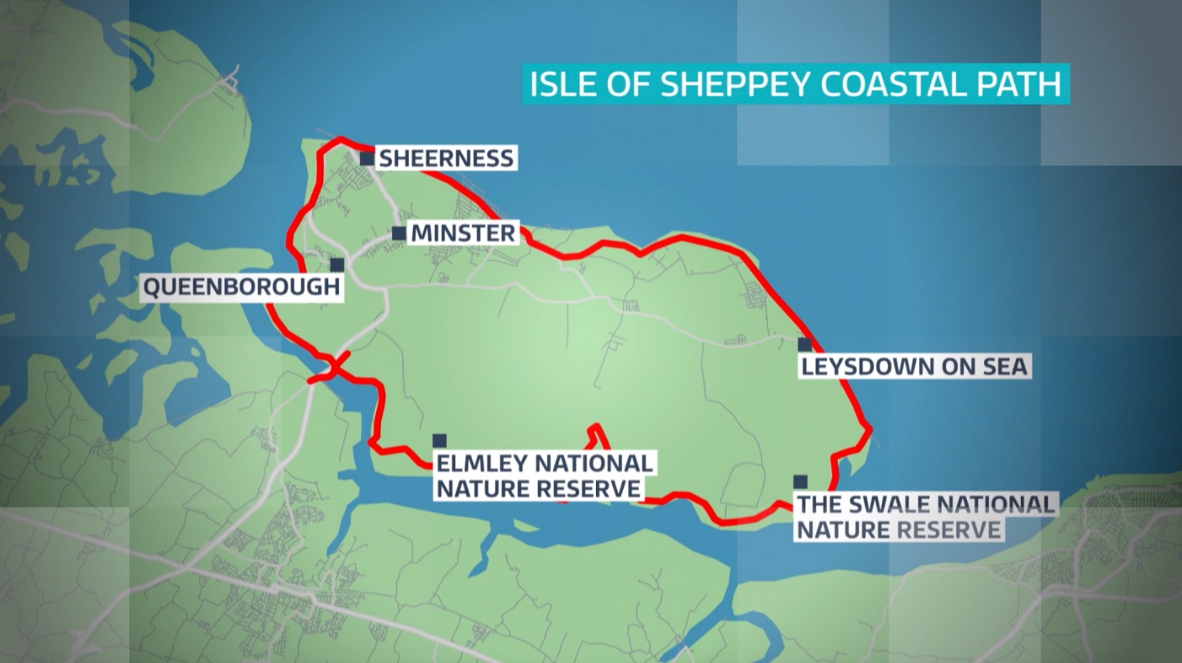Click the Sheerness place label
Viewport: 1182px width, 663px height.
click(x=446, y=158)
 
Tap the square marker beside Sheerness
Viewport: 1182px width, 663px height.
click(x=367, y=158)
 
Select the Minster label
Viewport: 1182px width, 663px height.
click(x=463, y=233)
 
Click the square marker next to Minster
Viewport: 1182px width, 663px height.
click(x=399, y=233)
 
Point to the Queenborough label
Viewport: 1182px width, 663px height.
click(x=242, y=288)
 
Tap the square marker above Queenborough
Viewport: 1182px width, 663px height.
click(x=337, y=265)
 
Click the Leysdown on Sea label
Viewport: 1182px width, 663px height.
click(x=914, y=367)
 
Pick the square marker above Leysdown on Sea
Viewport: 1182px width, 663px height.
click(x=804, y=345)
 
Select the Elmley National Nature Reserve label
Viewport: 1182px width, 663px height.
click(x=543, y=476)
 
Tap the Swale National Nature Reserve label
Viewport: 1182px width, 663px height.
click(x=924, y=517)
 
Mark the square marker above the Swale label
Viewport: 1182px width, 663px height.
click(x=800, y=482)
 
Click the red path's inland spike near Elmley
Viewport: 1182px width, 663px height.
click(x=595, y=430)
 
